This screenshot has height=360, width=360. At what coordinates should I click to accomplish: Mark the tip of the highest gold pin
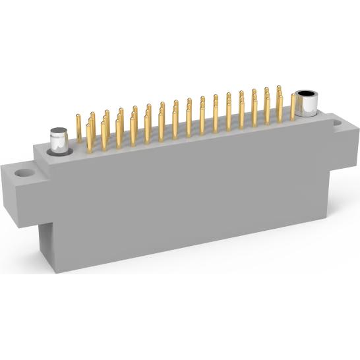coord(279,87)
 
